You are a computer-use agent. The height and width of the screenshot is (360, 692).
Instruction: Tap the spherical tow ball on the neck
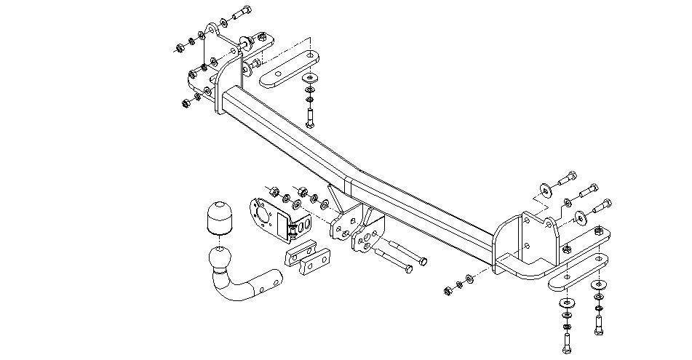tap(219, 257)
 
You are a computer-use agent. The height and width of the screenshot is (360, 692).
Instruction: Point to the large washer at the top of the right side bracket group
tap(544, 191)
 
